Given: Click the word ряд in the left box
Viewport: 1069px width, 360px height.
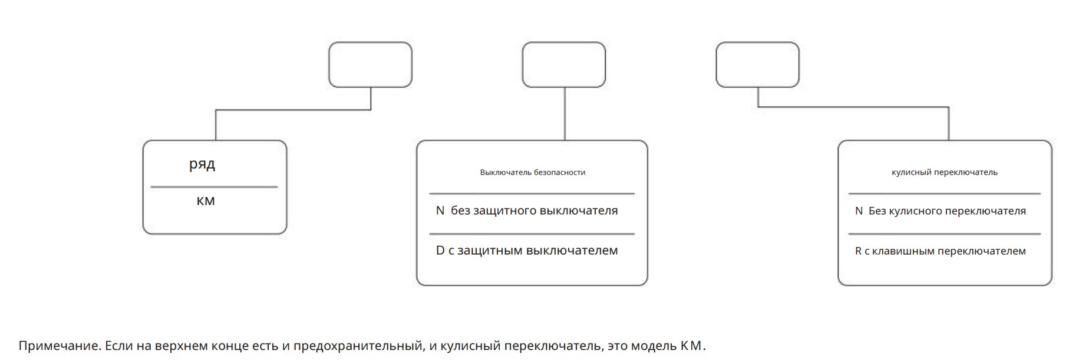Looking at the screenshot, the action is pyautogui.click(x=202, y=164).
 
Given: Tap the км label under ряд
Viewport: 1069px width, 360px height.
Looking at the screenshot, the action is pyautogui.click(x=206, y=201).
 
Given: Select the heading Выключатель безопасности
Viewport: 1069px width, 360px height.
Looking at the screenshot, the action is pyautogui.click(x=533, y=173).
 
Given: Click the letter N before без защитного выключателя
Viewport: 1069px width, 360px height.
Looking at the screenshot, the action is pyautogui.click(x=440, y=210).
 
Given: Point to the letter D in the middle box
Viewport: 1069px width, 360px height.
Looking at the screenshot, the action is pyautogui.click(x=440, y=250).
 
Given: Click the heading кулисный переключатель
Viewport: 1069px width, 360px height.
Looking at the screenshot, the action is pyautogui.click(x=945, y=173).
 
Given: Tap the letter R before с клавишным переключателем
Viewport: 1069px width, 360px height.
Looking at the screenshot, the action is pyautogui.click(x=859, y=251).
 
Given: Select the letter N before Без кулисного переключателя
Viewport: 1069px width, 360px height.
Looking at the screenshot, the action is pyautogui.click(x=859, y=211).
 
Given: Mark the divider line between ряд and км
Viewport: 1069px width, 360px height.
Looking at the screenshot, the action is pyautogui.click(x=214, y=187).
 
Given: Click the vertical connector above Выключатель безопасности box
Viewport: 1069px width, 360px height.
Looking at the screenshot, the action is pyautogui.click(x=565, y=114).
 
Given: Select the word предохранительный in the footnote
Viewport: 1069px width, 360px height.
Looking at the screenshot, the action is pyautogui.click(x=359, y=346).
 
